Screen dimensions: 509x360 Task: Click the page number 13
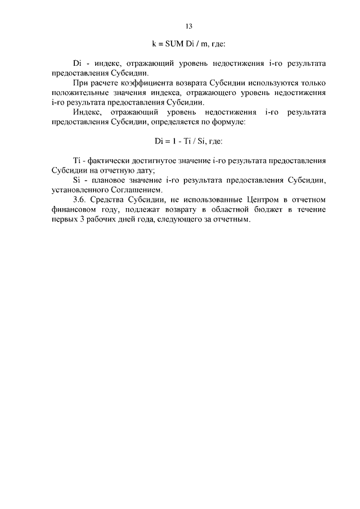(189, 26)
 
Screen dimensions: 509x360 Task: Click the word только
(313, 83)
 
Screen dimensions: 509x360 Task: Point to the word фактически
(110, 161)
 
